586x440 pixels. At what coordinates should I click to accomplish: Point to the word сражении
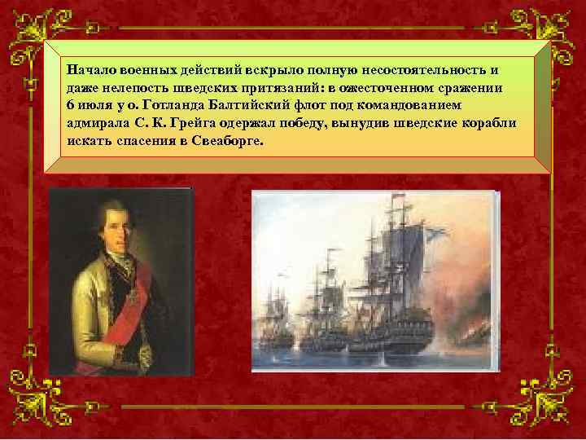coord(473,87)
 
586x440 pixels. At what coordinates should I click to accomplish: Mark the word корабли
coord(489,122)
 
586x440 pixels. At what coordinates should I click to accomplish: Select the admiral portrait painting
coord(120,281)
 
